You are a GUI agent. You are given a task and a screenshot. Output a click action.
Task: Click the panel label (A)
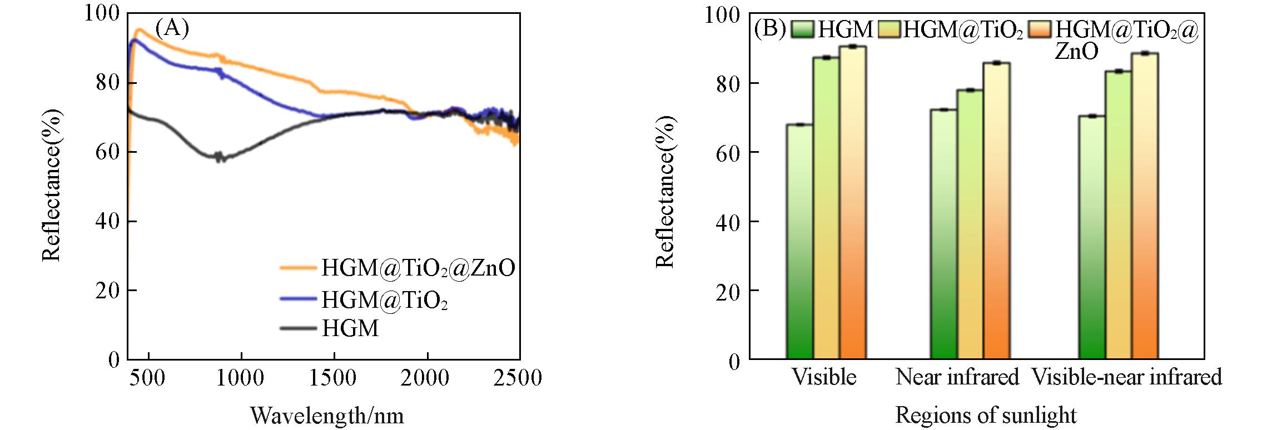[172, 28]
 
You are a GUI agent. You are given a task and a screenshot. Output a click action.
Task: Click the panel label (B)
[770, 28]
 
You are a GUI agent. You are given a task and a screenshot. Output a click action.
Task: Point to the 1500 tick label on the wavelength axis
[332, 378]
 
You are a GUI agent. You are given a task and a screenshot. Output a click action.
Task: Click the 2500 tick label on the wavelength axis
[518, 378]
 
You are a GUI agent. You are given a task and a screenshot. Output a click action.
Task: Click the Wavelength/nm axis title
[327, 416]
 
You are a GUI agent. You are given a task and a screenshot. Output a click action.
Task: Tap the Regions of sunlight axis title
[986, 416]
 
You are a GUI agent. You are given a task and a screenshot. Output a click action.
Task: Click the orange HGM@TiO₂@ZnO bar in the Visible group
[853, 203]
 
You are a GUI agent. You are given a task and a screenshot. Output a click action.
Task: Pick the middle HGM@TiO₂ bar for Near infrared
[970, 224]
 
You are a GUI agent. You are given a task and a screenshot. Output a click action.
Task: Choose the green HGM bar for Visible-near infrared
[1092, 237]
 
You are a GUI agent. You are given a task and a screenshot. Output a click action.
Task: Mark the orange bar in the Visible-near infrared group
[1145, 206]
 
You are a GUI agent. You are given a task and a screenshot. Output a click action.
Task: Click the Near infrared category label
[957, 377]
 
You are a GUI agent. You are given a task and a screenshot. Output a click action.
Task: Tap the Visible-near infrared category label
[1126, 377]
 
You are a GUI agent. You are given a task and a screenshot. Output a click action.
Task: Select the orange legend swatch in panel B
[1040, 29]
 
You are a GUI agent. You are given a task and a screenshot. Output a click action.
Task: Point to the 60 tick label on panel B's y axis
[728, 153]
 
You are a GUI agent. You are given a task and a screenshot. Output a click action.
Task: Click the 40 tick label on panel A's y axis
[107, 221]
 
